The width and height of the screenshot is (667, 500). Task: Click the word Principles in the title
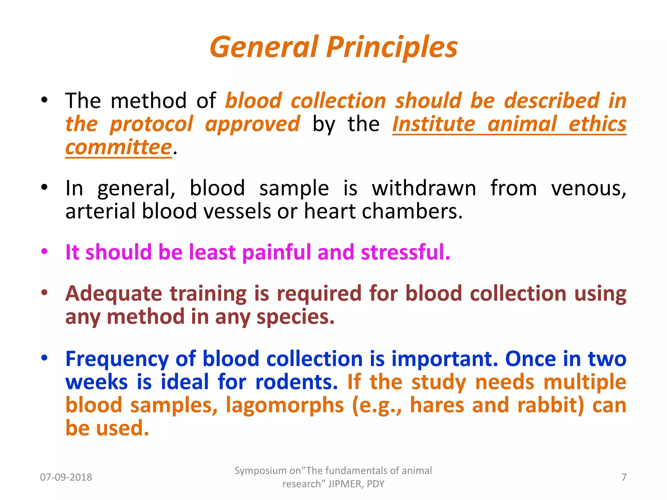392,48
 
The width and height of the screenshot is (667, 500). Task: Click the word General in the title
264,48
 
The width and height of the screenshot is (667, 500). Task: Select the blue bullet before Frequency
44,358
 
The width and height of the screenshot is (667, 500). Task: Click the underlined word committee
118,147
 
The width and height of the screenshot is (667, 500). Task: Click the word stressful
405,252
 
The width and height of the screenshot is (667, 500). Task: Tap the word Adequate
114,294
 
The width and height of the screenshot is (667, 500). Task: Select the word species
295,317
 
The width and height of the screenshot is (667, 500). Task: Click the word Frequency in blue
117,359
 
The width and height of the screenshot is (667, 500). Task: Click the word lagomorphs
285,405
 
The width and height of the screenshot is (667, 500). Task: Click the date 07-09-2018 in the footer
66,477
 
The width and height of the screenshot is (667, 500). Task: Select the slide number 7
624,477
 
